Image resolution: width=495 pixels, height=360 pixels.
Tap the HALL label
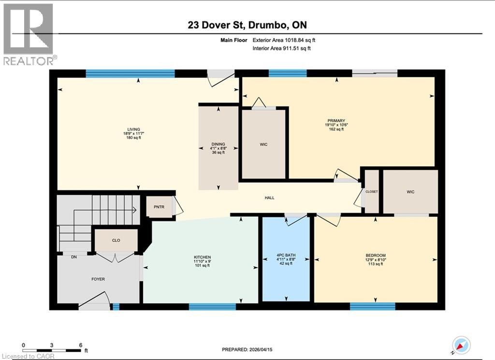pos(270,198)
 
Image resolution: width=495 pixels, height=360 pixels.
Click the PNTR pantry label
pos(159,207)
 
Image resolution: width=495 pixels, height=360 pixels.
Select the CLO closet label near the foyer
pos(116,240)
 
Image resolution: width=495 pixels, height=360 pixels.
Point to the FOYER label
pos(98,279)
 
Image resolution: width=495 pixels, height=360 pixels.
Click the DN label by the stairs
pos(74,257)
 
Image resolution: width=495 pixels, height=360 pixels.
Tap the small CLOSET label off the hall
pos(371,192)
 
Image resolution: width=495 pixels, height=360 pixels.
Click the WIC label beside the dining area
pos(264,144)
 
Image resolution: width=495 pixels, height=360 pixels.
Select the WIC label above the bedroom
pos(410,192)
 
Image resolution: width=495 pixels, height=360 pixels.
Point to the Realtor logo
pos(29,34)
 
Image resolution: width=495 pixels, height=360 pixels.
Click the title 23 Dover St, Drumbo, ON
pos(247,25)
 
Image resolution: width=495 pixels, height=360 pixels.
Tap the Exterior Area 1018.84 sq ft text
pos(284,41)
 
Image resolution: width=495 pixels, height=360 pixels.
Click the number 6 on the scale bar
pos(80,345)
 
